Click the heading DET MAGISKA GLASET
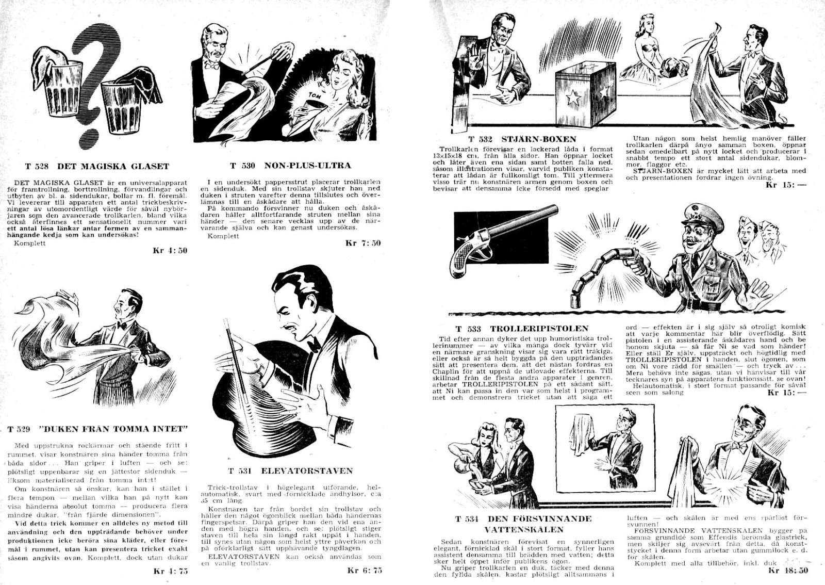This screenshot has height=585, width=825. [113, 166]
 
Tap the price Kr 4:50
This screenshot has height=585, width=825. [170, 251]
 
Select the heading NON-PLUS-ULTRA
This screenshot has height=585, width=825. [308, 166]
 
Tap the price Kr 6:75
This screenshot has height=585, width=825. [365, 570]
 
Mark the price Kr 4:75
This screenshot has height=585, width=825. [171, 571]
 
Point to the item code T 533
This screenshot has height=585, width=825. [468, 329]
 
